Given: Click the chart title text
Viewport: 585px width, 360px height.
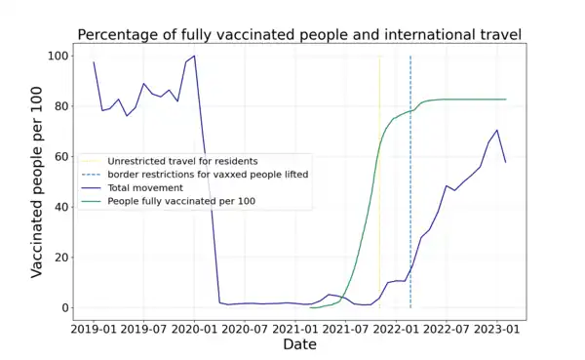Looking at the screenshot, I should [x=299, y=35].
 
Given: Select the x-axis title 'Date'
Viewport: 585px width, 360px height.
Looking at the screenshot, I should [x=299, y=344].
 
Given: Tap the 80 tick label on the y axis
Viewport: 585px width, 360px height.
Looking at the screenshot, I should [x=60, y=106].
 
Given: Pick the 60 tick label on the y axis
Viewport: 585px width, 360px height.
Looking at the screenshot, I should [x=60, y=156].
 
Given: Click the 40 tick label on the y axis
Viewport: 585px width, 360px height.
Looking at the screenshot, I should [x=60, y=207].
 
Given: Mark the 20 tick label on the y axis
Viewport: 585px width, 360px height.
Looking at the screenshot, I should [x=60, y=258].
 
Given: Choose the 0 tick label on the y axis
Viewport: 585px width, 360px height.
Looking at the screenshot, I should [x=64, y=308].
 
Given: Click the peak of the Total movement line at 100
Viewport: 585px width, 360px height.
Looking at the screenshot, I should [x=194, y=56].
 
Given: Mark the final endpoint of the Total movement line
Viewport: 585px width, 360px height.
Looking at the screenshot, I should [x=506, y=162].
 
